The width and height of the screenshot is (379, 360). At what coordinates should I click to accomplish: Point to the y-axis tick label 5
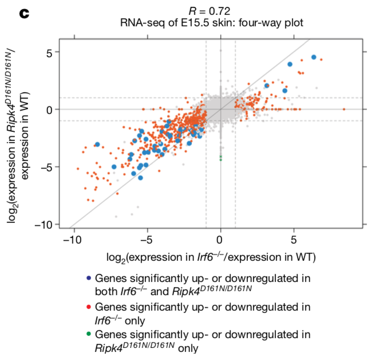click(x=49, y=53)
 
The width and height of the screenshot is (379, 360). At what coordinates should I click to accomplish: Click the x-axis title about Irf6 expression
click(x=212, y=255)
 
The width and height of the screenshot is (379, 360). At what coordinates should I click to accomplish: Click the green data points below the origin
click(x=220, y=158)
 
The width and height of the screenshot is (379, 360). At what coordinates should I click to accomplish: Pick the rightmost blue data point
click(x=313, y=57)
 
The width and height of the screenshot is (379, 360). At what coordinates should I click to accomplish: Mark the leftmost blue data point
click(x=97, y=144)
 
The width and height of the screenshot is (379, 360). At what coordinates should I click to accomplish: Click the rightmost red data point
click(x=344, y=109)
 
